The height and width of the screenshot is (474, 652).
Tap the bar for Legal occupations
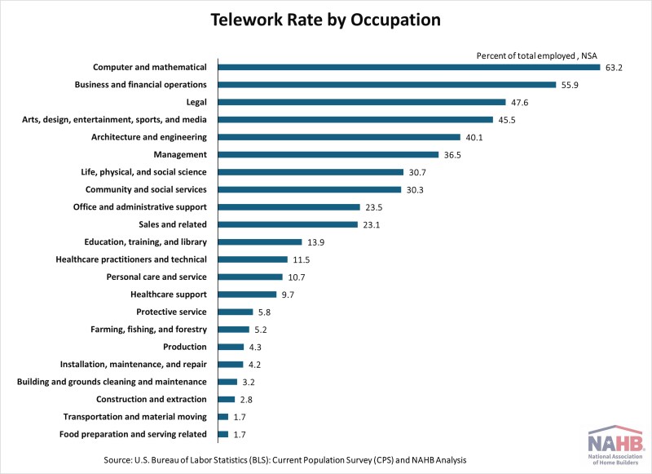(x=362, y=102)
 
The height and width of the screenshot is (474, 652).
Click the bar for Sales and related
(x=288, y=224)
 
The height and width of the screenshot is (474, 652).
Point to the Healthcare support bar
(x=249, y=295)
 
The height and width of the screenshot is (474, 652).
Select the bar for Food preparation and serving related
(x=222, y=434)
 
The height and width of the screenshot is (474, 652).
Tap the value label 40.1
(x=474, y=137)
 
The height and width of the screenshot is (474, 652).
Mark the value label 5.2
(x=261, y=330)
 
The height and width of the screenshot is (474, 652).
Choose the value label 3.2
(x=249, y=382)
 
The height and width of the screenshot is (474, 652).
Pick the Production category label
(x=185, y=347)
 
